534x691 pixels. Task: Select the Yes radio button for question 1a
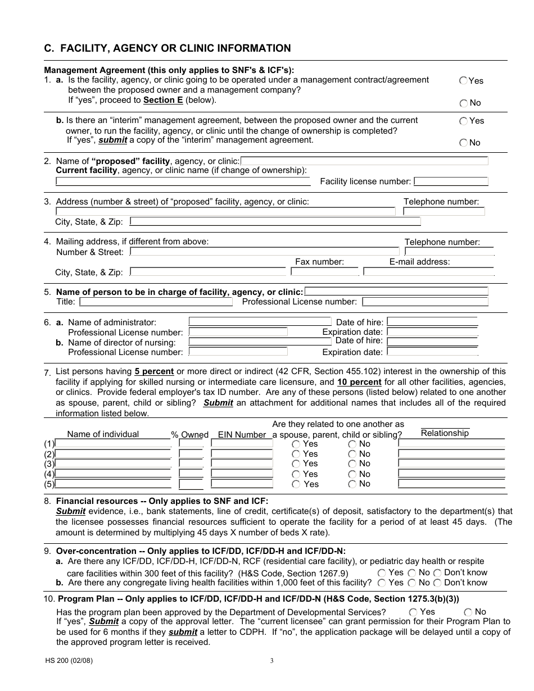click(x=463, y=80)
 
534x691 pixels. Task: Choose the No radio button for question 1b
click(x=463, y=143)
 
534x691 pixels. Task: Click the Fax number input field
click(x=324, y=271)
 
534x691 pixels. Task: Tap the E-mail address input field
click(x=428, y=271)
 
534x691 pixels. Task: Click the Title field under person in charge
click(x=156, y=302)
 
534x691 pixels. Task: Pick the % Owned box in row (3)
click(x=191, y=463)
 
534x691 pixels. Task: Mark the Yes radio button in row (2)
click(x=296, y=454)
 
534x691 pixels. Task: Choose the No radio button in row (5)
click(x=352, y=484)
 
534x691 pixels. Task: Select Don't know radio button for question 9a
click(x=437, y=573)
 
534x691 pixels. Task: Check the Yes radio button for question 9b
click(x=382, y=583)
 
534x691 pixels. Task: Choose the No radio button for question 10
click(x=468, y=612)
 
